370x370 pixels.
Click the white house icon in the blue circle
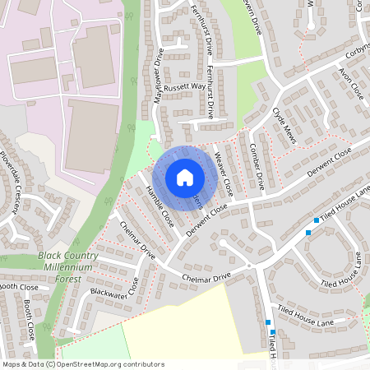coord(185,178)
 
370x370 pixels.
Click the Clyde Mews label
coord(284,123)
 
